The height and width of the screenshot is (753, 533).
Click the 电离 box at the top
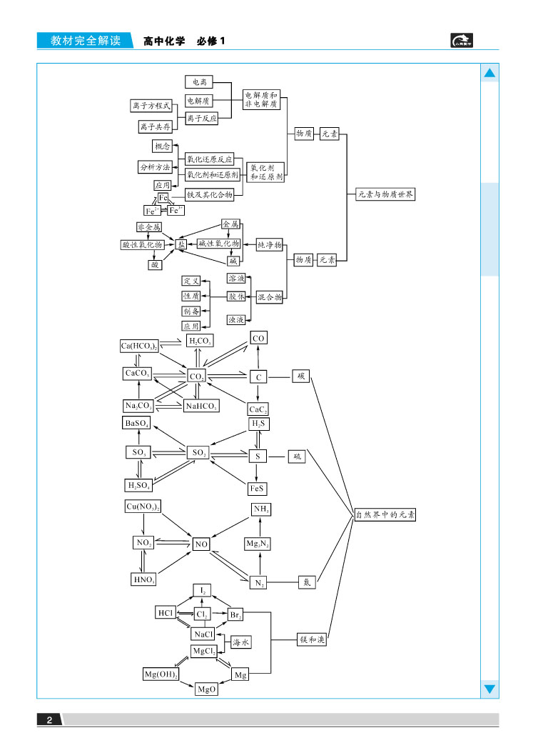click(x=199, y=82)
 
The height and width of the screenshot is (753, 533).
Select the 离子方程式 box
click(x=151, y=106)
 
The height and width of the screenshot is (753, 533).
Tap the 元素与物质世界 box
click(x=385, y=194)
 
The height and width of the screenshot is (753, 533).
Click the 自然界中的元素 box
click(x=385, y=514)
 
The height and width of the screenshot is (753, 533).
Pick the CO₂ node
click(x=197, y=376)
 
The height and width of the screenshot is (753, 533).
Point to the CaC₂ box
click(x=258, y=409)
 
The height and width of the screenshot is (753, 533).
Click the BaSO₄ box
click(x=137, y=424)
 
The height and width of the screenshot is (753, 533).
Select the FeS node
click(x=258, y=489)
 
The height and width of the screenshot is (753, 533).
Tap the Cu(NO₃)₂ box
click(x=143, y=507)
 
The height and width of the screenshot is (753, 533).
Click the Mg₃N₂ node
click(x=262, y=544)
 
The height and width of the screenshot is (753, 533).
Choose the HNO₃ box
click(x=144, y=579)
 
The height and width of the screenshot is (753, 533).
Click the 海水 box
click(x=241, y=643)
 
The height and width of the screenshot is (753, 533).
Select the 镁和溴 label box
click(x=313, y=640)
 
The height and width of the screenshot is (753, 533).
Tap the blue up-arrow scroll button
click(x=489, y=74)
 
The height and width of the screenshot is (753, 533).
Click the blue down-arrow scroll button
click(x=489, y=689)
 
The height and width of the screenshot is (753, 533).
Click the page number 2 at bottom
click(x=49, y=719)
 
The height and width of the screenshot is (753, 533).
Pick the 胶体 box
click(x=236, y=296)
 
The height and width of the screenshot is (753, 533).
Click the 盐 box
click(x=181, y=244)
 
